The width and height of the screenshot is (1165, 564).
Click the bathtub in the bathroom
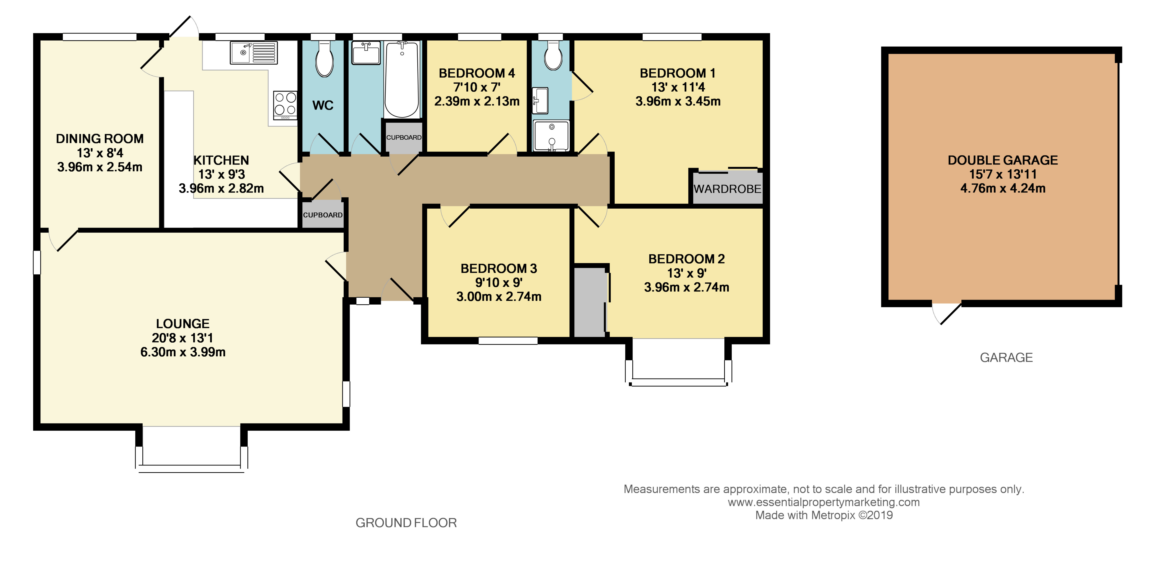coord(402,80)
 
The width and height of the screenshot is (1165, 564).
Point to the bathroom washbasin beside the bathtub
coord(366,53)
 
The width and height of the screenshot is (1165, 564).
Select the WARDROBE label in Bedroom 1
coord(727,189)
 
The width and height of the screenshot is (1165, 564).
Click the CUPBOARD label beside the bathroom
coord(403,138)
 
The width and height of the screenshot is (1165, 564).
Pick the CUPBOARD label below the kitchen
coord(322,215)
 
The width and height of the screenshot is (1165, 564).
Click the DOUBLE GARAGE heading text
coord(1003,160)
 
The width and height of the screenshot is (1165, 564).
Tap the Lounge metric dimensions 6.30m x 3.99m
coord(183,352)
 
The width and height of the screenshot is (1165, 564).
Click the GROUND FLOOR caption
coord(406,523)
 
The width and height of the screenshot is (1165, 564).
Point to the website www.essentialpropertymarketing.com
coord(824,502)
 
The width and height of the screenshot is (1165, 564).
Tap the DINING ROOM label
coord(99,139)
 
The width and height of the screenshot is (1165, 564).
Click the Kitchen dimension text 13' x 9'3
coord(221,174)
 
